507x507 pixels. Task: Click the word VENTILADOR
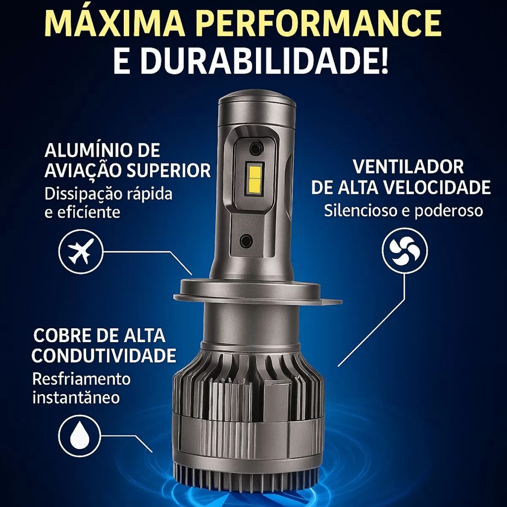pos(408,166)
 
